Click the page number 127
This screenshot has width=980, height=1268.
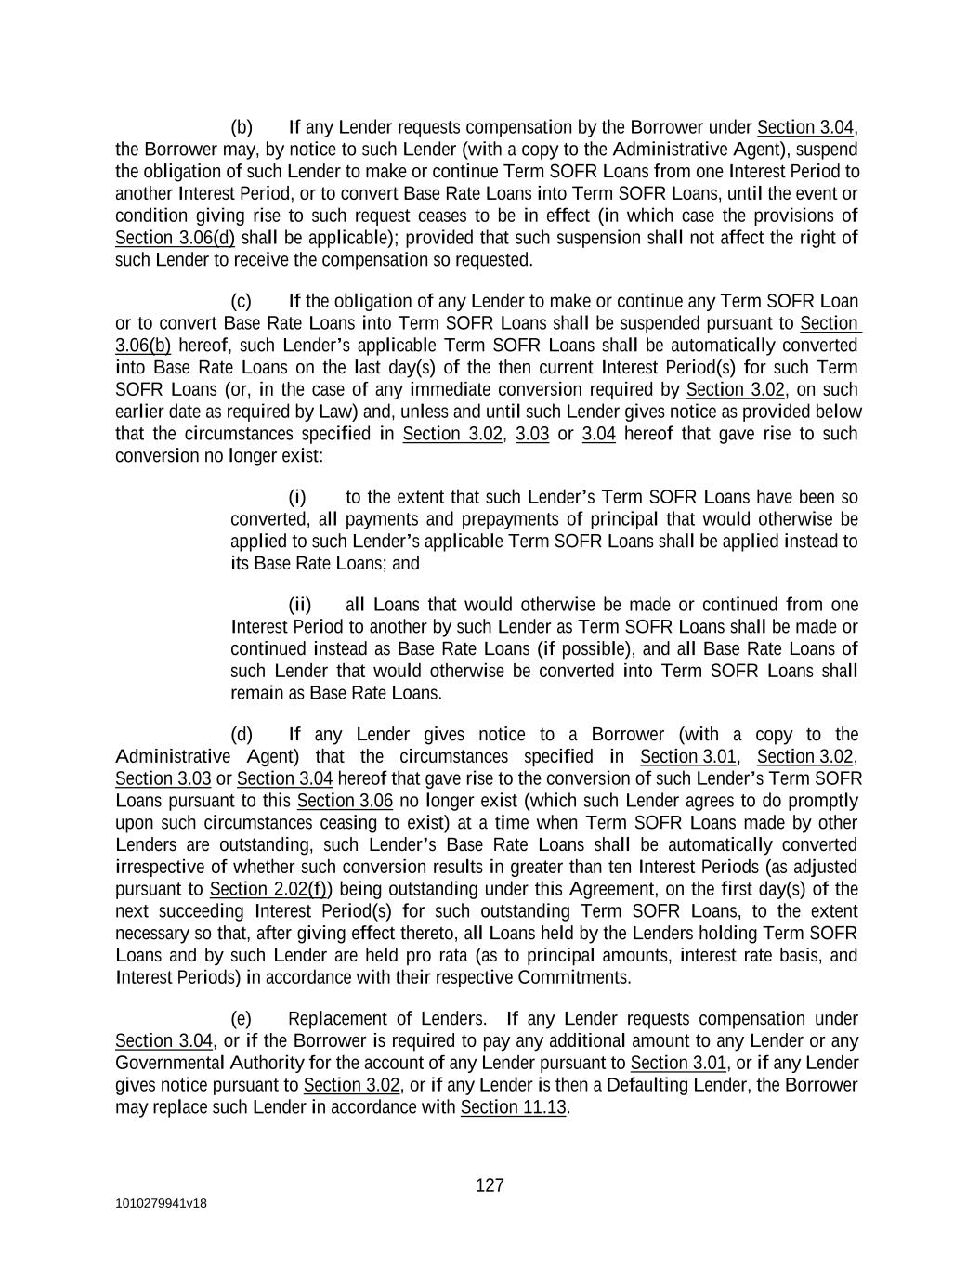coord(490,1185)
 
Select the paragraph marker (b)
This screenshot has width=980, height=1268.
coord(242,127)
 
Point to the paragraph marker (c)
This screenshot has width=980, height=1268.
coord(242,301)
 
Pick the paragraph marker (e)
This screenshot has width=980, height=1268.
coord(242,1019)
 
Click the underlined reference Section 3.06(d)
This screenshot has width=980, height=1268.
coord(175,238)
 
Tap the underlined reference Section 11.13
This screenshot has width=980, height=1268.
coord(513,1107)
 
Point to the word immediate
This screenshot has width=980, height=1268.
coord(450,389)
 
